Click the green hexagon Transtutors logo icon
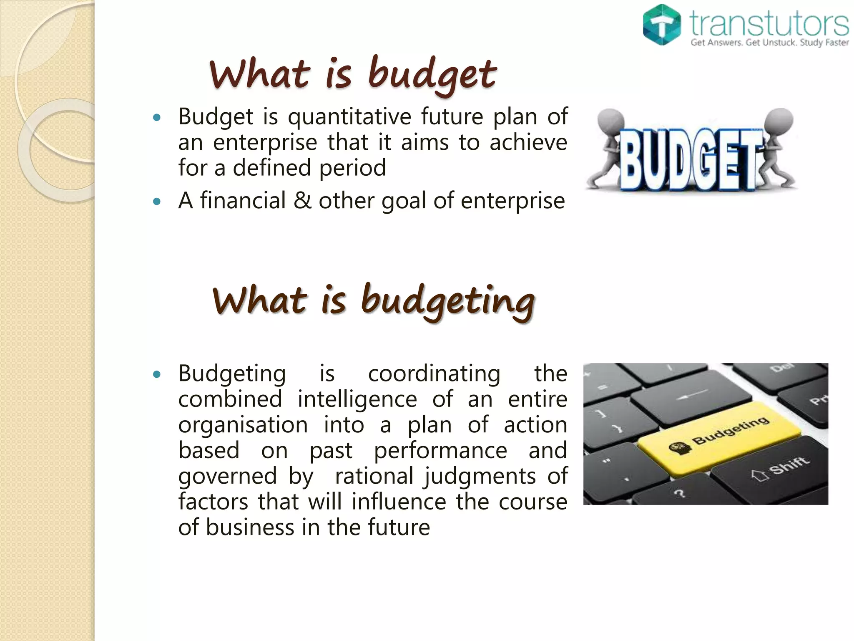coord(661,25)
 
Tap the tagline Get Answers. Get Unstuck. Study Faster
coord(769,43)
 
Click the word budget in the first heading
coord(432,75)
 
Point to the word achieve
coord(528,142)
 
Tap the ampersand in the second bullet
coord(302,201)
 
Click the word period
coord(352,168)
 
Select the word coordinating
coord(434,373)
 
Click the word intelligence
coord(357,399)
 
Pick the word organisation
coord(243,425)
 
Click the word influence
coord(399,502)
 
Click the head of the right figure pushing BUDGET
coord(780,120)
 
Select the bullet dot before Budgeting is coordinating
coord(157,374)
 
